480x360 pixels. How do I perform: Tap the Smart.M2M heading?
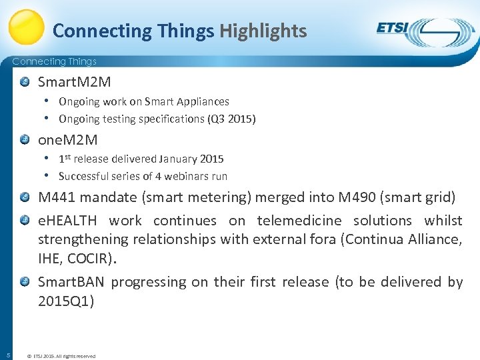click(x=74, y=82)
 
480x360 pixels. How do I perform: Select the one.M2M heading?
click(x=67, y=139)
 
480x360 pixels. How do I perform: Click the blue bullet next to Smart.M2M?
click(x=25, y=82)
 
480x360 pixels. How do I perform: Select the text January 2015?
click(x=191, y=159)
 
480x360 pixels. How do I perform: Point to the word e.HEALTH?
click(x=67, y=220)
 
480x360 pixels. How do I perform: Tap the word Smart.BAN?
click(x=71, y=281)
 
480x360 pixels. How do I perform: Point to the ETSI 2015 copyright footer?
click(x=61, y=356)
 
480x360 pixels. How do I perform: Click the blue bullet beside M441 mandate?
click(x=25, y=197)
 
